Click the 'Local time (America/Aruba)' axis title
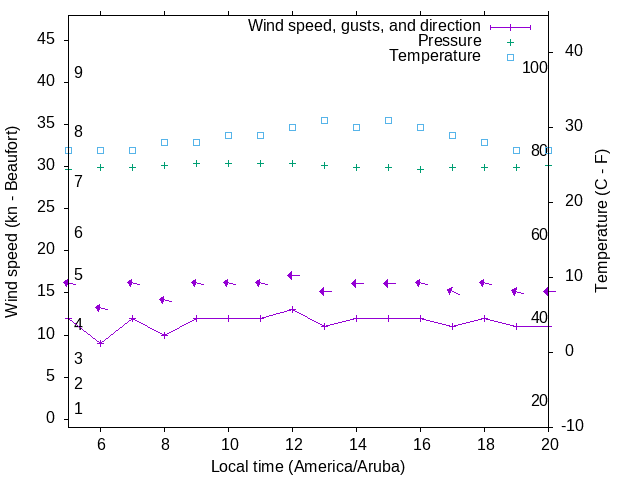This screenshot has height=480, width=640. pos(308,466)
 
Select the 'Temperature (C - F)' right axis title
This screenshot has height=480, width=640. pos(601,222)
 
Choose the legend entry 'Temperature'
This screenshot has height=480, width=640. pos(434,57)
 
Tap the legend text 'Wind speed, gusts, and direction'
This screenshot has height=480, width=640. pos(364,25)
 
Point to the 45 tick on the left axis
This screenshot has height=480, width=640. pos(46,38)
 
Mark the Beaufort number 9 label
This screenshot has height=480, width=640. pos(78,73)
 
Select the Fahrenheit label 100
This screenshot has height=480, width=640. pos(536,67)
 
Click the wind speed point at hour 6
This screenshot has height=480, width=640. pos(100,343)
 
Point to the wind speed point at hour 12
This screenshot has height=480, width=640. pos(292,309)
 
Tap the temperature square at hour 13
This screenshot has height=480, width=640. pos(324,120)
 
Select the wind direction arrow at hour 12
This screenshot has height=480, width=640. pos(292,275)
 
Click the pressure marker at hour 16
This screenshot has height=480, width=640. pos(420,169)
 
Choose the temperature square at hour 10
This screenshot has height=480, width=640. pos(228,135)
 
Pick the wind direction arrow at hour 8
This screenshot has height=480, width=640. pos(164,300)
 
